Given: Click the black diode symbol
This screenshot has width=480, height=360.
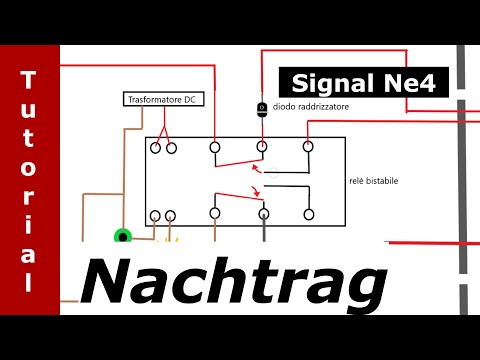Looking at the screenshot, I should tap(262, 107).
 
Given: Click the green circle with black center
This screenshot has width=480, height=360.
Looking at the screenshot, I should tap(123, 237).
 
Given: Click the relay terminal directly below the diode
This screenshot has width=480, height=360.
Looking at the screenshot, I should tap(262, 147).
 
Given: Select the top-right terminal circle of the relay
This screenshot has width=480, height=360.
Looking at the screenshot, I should tap(305, 147).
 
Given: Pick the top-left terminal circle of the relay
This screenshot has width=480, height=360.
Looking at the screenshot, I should tap(156, 148).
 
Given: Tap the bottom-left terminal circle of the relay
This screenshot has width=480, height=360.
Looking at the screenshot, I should tap(156, 215).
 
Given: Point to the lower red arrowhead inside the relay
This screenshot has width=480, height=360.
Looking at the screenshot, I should tap(256, 194).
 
